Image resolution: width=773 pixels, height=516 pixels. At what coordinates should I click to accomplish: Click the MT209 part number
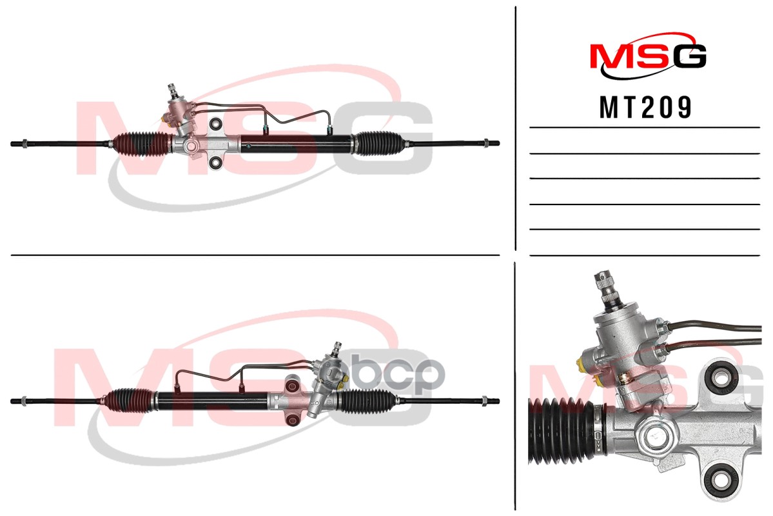click(x=645, y=108)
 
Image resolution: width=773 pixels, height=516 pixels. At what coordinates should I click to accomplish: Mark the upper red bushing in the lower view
click(x=291, y=385)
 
